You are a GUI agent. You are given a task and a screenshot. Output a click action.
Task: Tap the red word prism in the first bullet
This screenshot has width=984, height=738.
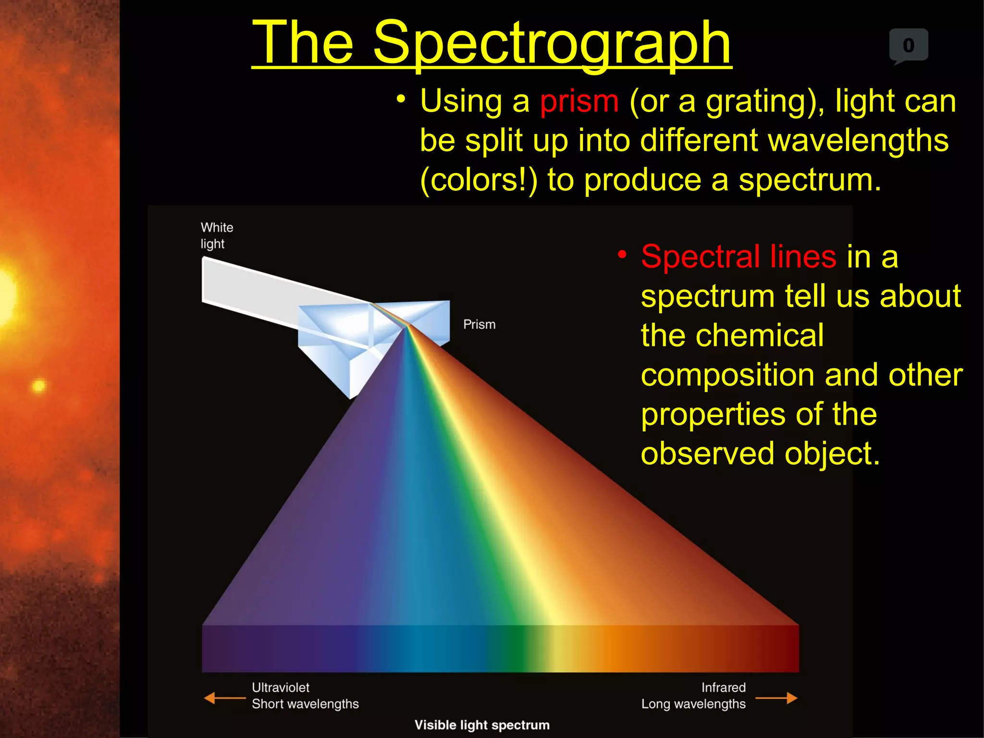point(579,101)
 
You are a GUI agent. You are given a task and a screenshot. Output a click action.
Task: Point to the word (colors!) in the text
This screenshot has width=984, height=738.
point(479,181)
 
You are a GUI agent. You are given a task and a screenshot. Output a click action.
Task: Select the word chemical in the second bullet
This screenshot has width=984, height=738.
point(732,335)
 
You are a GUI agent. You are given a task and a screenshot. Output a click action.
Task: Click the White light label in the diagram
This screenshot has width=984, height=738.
point(217,235)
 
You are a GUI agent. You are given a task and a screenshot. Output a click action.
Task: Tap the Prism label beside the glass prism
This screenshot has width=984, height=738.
point(479,324)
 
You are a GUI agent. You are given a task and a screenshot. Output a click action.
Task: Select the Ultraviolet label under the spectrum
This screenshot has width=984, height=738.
point(281,688)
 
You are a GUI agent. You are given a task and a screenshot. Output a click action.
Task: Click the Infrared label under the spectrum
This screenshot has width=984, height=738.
point(723,688)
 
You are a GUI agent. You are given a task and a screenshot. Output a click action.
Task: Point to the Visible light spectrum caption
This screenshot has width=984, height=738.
point(482,725)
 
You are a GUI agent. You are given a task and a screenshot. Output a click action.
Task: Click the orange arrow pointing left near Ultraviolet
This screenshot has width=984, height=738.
point(224,698)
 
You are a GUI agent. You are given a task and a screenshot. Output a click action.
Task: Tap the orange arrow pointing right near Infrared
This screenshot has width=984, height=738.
point(776,698)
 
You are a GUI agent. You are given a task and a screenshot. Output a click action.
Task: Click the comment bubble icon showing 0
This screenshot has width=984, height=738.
point(908,46)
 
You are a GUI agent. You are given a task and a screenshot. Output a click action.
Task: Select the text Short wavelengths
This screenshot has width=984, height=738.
point(305,704)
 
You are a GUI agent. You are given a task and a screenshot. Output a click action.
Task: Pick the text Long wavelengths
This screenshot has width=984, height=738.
point(693,704)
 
